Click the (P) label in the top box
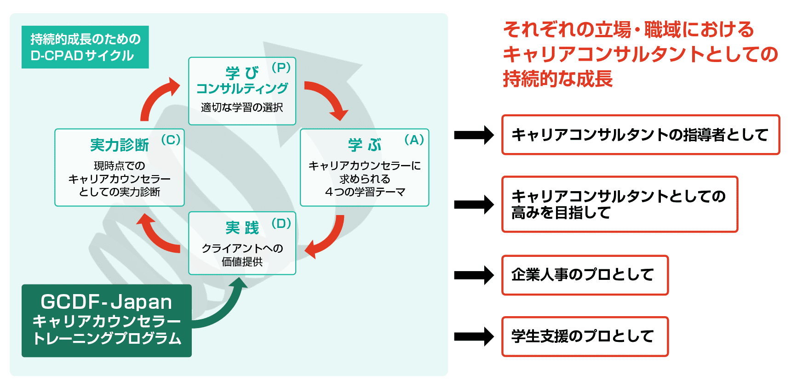point(281,68)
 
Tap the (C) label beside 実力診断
point(171,140)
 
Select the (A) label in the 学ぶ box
point(414,140)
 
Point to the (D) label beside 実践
point(281,224)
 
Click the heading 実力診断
point(119,145)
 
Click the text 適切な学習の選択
point(242,108)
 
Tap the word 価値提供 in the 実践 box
point(242,262)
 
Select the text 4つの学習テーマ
point(365,192)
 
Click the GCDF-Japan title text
point(106,302)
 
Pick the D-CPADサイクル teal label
point(85,47)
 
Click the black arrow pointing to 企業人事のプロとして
point(474,275)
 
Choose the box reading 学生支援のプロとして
point(585,336)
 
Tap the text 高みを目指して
point(561,213)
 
